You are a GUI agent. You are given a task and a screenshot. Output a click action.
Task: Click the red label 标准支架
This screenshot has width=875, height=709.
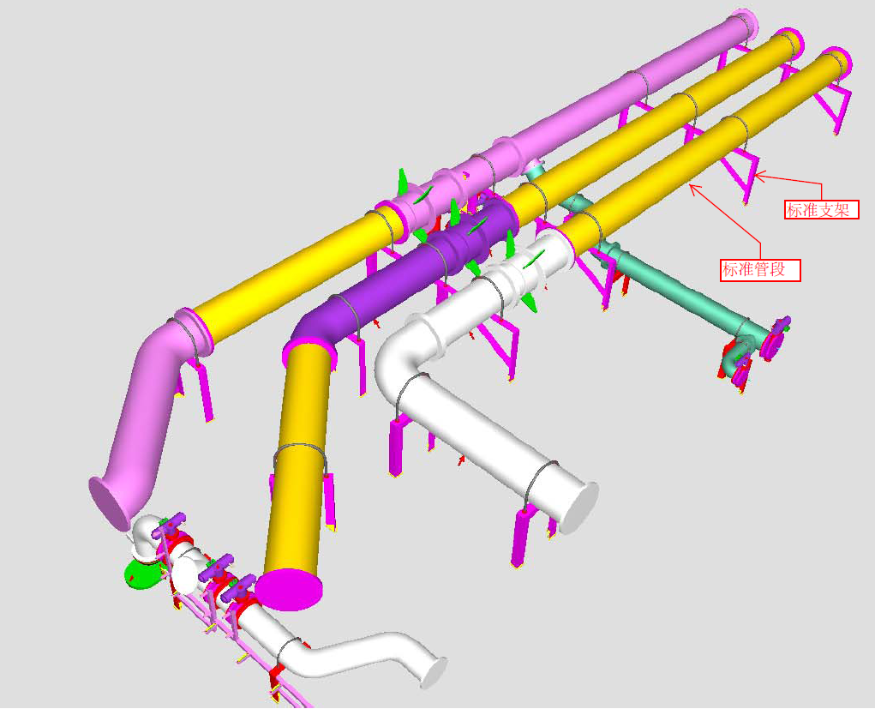pyautogui.click(x=821, y=209)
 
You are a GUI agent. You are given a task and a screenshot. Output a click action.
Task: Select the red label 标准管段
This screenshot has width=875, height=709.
pyautogui.click(x=759, y=270)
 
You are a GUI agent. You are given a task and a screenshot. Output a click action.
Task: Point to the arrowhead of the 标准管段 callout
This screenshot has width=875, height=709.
pyautogui.click(x=692, y=187)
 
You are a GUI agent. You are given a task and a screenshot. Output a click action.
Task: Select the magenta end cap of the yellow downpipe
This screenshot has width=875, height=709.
pyautogui.click(x=289, y=590)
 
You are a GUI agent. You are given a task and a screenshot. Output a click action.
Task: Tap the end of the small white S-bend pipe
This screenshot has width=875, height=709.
pyautogui.click(x=434, y=672)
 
